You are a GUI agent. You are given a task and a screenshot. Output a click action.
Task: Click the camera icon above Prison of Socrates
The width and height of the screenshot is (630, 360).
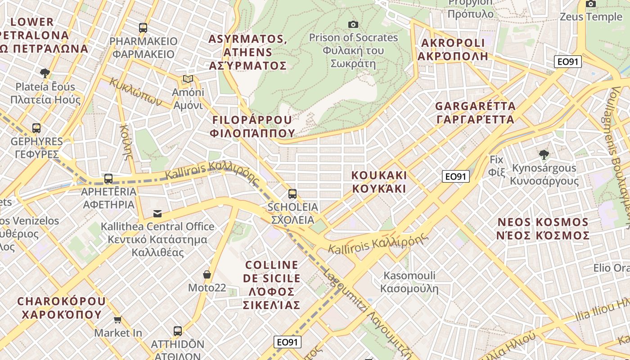353,24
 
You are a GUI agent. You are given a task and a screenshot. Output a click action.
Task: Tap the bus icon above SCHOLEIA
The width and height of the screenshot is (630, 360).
292,194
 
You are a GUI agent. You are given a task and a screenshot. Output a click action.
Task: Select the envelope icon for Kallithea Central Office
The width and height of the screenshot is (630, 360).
157,213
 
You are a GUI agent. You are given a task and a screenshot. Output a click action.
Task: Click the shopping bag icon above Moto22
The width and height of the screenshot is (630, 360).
207,274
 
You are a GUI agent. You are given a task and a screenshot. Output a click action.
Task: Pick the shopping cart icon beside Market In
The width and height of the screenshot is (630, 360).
118,319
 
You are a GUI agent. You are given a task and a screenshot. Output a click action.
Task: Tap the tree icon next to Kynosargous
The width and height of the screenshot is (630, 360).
544,155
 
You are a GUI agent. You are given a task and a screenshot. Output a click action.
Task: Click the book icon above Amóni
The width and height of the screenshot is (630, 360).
188,79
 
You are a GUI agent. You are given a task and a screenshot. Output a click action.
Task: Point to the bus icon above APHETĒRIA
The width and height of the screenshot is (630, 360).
108,179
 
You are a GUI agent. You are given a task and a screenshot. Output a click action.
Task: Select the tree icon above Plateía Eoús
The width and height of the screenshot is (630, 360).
45,73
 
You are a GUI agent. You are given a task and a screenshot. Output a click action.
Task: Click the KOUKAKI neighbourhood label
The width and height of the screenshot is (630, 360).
379,182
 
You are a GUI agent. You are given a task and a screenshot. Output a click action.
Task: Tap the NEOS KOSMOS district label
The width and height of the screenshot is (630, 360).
543,229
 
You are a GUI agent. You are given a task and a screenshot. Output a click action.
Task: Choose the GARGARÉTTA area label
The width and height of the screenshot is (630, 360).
475,113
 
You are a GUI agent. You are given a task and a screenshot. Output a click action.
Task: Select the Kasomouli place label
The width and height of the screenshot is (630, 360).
409,282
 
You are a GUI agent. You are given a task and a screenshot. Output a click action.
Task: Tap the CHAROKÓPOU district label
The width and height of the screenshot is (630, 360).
61,307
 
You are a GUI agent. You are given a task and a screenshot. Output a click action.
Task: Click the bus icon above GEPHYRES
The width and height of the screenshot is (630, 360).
36,128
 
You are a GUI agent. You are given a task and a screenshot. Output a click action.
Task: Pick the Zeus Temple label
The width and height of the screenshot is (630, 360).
590,17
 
